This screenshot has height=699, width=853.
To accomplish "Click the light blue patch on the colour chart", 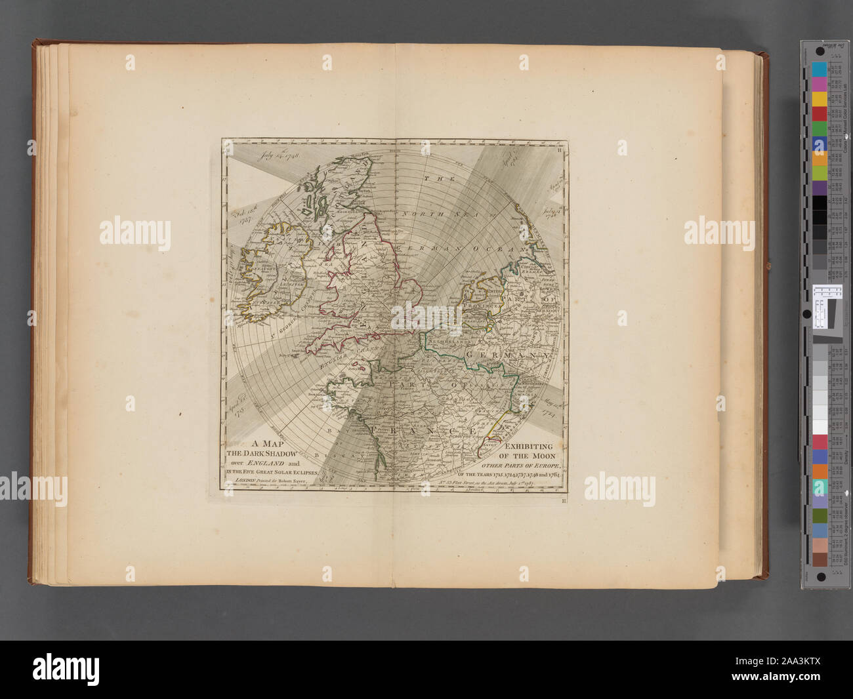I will [x=819, y=70].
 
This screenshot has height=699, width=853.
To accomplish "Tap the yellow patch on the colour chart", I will [x=819, y=98].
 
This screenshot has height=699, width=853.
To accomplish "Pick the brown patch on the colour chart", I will [x=819, y=559].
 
